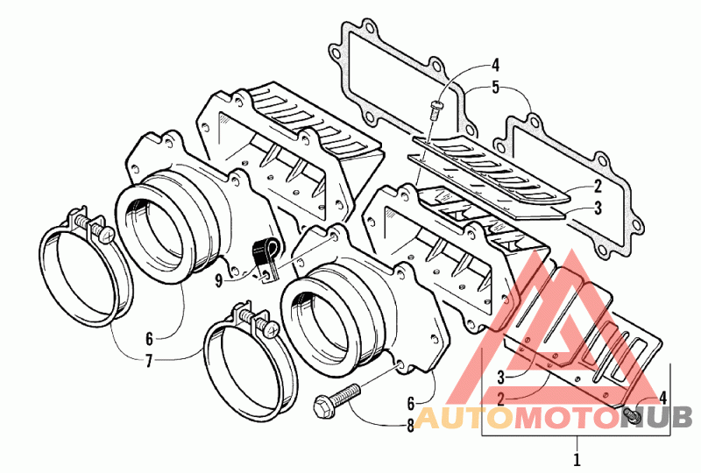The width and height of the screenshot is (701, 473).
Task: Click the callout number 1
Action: pos(577,459)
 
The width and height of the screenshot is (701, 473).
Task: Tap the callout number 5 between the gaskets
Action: pos(495,88)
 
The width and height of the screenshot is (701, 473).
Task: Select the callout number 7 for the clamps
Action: pos(149,360)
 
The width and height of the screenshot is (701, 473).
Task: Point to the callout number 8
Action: pos(410,426)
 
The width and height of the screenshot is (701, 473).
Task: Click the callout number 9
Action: pos(218,281)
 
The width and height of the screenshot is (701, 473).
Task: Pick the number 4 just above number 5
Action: pos(495,66)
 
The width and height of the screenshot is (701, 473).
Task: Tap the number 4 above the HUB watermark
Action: pos(663,397)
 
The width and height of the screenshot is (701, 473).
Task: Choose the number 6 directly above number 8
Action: pos(411,403)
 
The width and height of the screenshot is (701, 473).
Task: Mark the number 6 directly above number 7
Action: pos(149,338)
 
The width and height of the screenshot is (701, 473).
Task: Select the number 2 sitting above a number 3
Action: pos(598,187)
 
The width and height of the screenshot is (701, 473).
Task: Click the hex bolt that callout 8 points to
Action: pos(337,399)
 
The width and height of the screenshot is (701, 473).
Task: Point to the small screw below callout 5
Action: pos(435,109)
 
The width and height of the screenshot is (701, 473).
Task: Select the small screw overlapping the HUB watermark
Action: pos(633,416)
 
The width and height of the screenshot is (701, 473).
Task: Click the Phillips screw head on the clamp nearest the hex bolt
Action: pos(270,328)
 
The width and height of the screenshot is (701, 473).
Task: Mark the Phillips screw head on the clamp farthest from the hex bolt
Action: pos(106,234)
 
